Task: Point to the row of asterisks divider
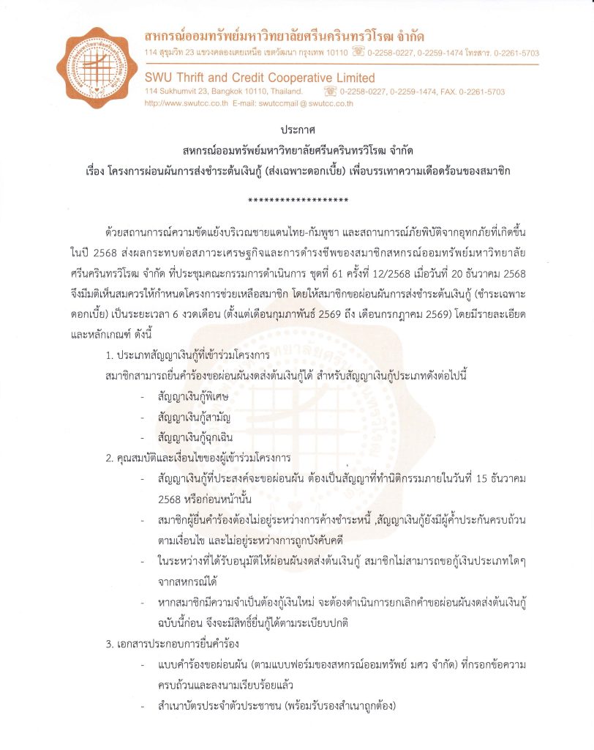tap(297, 200)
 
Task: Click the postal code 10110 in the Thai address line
tap(335, 53)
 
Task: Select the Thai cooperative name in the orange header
tap(285, 36)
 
